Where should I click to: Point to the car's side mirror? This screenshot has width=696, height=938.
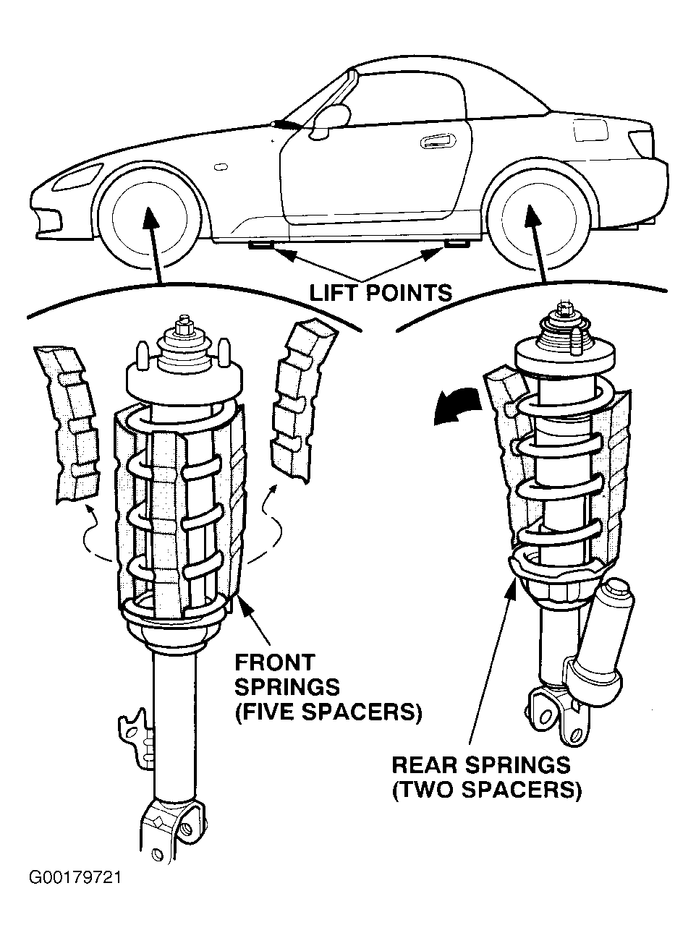331,121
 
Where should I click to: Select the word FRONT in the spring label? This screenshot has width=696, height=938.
275,662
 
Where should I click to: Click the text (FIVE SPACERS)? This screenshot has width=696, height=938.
328,712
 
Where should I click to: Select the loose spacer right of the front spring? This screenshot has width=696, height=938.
303,400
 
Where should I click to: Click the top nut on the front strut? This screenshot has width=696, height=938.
184,325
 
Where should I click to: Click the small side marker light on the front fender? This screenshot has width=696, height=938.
221,167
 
